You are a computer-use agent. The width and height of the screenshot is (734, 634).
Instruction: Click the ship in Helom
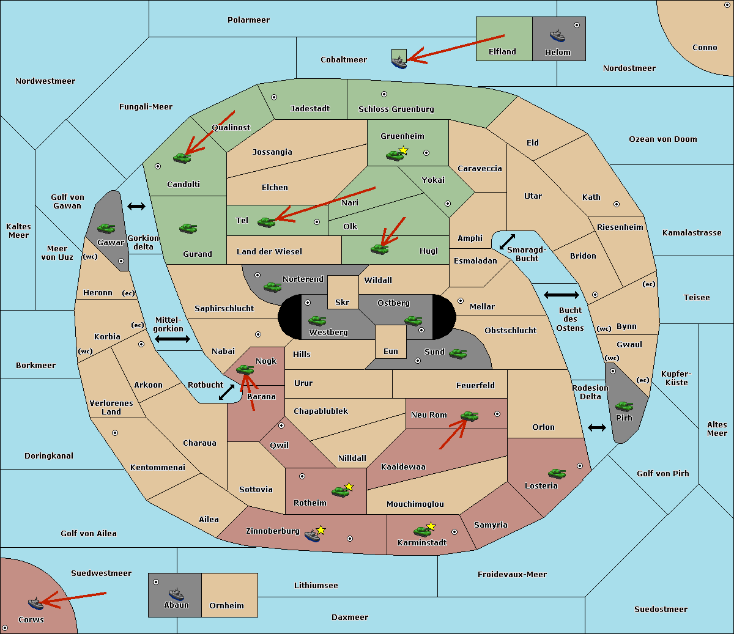tap(557, 35)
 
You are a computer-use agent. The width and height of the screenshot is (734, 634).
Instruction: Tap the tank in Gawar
tap(106, 228)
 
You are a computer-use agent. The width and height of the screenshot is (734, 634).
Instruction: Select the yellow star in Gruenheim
tap(404, 150)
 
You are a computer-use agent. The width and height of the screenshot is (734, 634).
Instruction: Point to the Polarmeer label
tap(248, 20)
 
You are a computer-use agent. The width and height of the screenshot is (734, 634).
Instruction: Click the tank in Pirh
tap(625, 406)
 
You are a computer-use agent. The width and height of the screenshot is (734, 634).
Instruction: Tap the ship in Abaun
tap(176, 594)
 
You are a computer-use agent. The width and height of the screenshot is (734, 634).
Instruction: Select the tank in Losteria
tap(557, 473)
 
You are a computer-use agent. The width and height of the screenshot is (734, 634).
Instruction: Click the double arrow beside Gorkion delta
tap(136, 206)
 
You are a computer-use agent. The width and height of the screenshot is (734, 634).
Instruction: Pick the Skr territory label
tap(343, 302)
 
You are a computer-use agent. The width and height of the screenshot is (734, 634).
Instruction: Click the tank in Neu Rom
tap(469, 416)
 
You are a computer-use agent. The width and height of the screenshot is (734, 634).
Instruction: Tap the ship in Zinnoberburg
tap(313, 536)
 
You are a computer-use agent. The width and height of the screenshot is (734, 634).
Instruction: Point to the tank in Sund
tap(458, 353)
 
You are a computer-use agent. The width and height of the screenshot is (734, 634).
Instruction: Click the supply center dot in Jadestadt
tap(274, 97)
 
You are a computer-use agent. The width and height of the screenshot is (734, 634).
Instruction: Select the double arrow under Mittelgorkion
tap(172, 339)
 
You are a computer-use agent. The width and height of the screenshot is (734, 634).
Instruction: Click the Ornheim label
tap(226, 606)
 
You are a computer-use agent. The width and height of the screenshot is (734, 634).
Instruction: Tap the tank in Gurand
tap(188, 228)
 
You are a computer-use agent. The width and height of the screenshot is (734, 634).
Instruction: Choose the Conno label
tap(705, 48)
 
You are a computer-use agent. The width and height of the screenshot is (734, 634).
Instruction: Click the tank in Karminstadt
tap(423, 531)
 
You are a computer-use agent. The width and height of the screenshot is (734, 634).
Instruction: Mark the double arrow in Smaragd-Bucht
tap(507, 241)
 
